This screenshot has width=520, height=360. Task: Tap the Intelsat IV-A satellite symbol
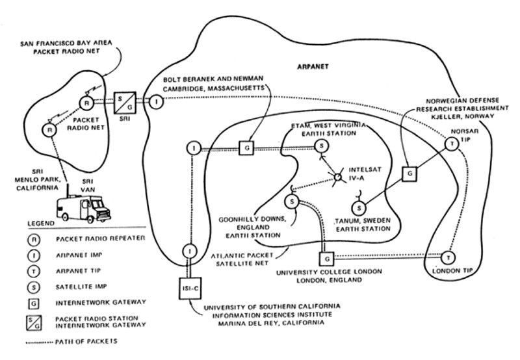click(338, 176)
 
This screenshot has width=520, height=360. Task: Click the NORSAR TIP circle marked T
click(452, 144)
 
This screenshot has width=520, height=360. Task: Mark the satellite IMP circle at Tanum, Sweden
click(357, 207)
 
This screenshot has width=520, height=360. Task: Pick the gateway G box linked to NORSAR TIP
click(408, 174)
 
